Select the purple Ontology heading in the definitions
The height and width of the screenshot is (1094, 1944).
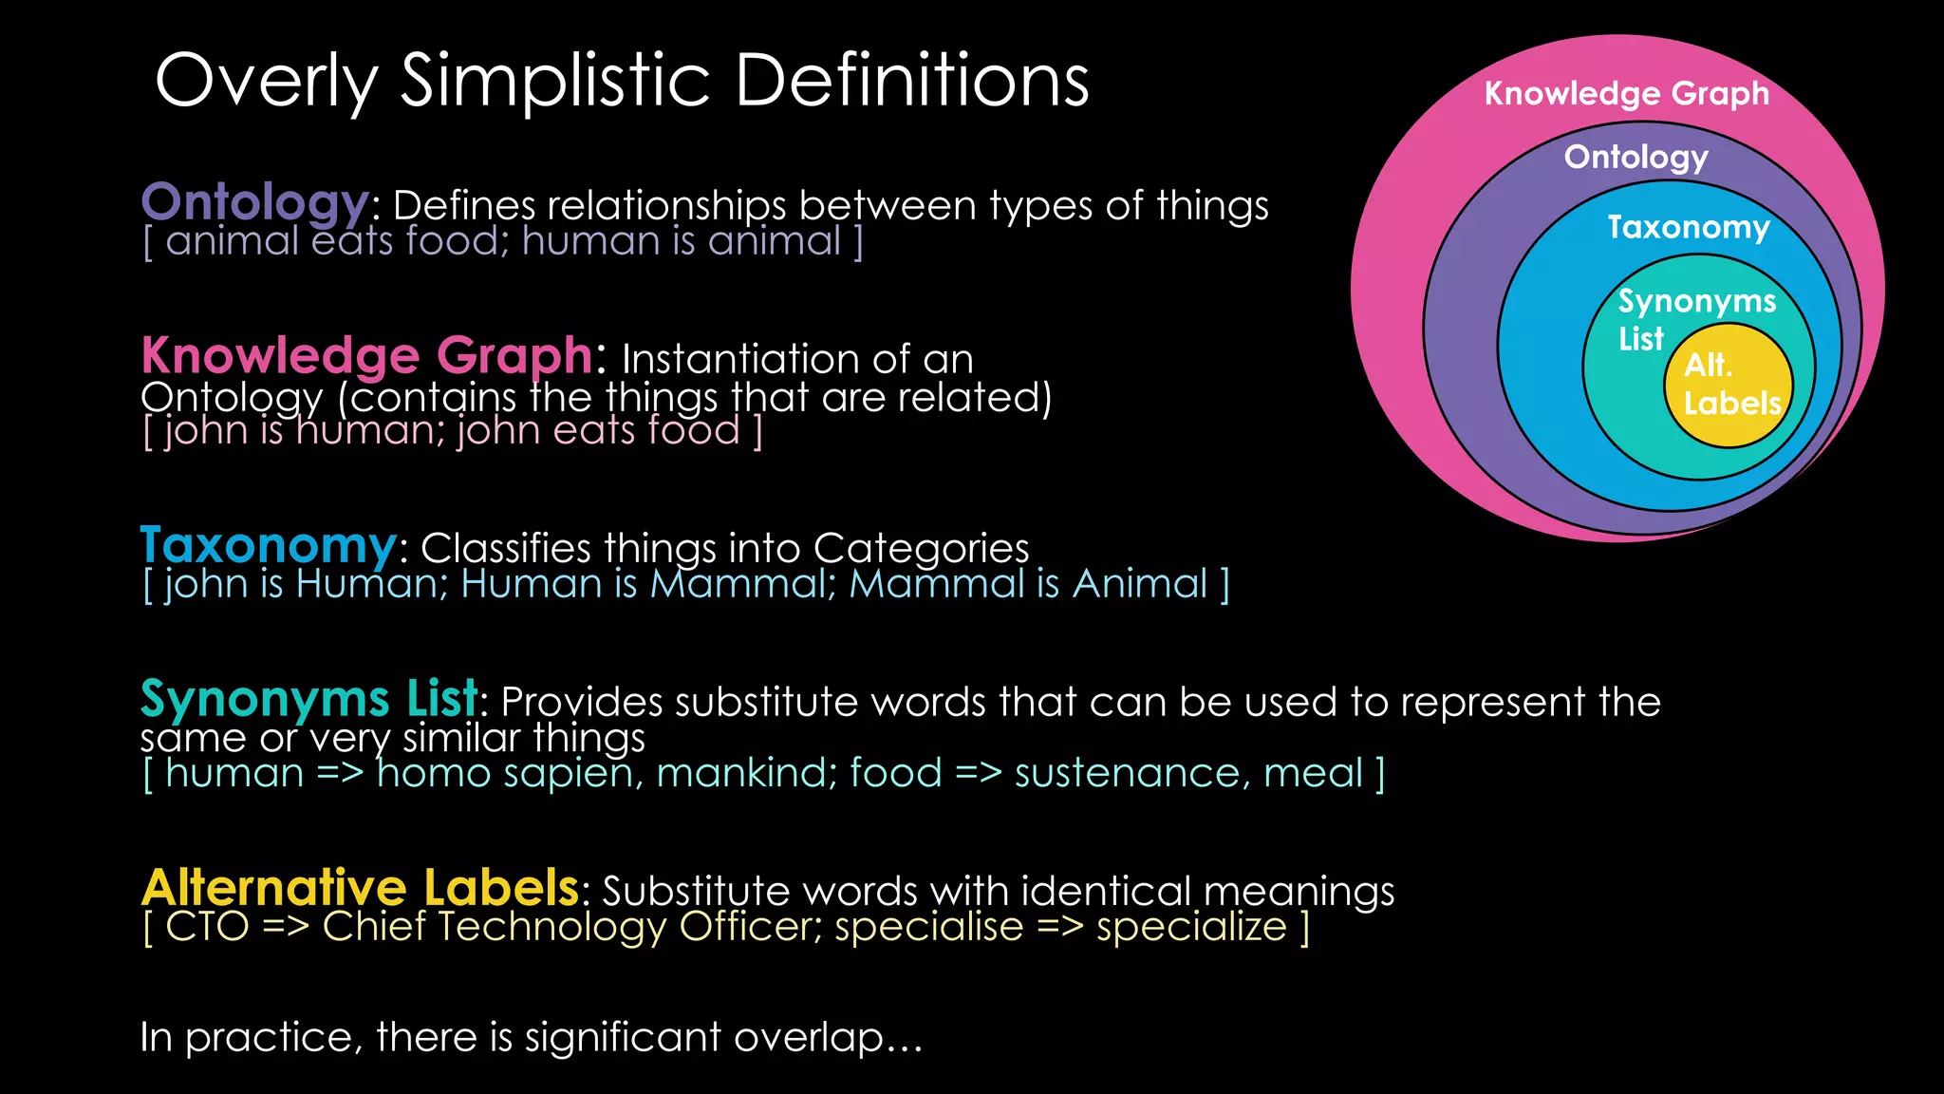[254, 202]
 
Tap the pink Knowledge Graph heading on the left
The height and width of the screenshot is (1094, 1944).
[367, 355]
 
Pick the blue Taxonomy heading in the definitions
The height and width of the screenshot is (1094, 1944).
[269, 545]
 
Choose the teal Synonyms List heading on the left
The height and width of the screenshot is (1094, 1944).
[308, 699]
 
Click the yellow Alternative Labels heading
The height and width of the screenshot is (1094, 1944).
[360, 888]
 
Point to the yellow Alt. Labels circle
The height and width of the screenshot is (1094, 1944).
[1729, 386]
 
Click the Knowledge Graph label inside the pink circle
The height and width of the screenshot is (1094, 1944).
[1626, 93]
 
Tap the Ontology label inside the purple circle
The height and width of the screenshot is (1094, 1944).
[1636, 157]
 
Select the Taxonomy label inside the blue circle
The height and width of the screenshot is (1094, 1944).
[1688, 227]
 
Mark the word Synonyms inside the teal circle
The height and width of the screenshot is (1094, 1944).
[1696, 301]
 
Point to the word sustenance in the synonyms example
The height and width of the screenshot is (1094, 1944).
[1127, 773]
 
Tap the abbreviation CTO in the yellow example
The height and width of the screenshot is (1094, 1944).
[207, 927]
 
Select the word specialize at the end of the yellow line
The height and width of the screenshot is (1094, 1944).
[1191, 927]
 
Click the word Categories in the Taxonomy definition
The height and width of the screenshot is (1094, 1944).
[921, 548]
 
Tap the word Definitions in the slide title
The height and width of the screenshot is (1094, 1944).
[911, 82]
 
